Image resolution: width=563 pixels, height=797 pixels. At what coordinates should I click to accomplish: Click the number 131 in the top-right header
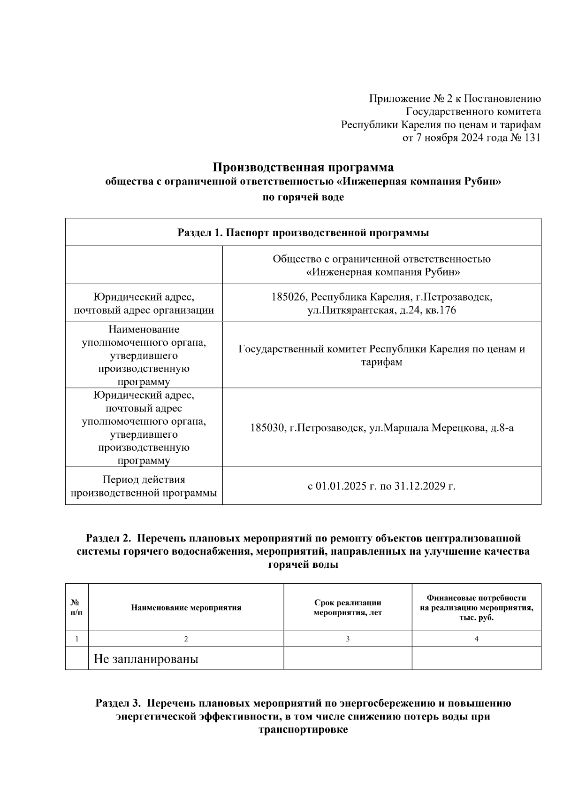532,138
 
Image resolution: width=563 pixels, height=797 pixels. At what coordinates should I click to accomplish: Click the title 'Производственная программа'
303,168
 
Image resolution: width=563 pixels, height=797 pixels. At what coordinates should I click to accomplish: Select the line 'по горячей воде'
303,197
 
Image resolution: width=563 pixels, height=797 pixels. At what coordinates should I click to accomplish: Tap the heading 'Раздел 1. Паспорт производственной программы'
303,233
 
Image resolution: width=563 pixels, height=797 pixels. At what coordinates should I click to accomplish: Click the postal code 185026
289,297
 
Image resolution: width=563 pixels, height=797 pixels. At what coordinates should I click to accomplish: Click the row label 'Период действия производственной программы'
144,486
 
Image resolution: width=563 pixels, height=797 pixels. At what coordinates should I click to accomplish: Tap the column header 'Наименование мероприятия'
186,608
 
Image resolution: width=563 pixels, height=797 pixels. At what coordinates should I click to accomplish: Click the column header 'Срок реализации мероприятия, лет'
348,608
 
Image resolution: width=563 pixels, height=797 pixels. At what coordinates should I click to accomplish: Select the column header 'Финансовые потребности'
476,598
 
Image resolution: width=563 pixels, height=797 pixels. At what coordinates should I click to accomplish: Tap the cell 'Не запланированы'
146,659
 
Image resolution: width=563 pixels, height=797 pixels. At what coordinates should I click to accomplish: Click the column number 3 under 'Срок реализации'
348,639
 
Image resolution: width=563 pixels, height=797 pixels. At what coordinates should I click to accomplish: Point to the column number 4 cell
476,639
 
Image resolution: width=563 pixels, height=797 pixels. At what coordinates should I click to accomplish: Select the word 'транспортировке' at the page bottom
303,730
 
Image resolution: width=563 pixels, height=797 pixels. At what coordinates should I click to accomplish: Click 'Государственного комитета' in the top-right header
473,112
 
